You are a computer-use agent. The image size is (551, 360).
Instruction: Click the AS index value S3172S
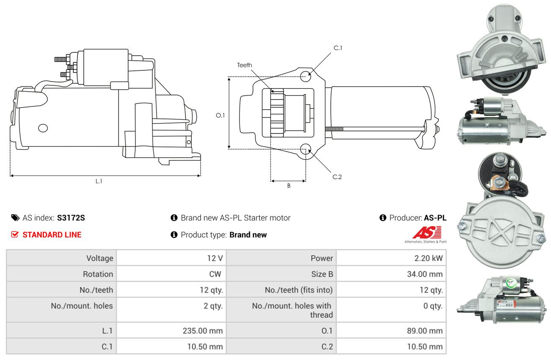pyautogui.click(x=71, y=218)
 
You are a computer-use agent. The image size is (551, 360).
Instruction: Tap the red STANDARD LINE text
pyautogui.click(x=52, y=235)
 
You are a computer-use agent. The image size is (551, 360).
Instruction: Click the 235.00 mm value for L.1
pyautogui.click(x=203, y=331)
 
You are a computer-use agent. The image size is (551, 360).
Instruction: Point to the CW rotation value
pyautogui.click(x=215, y=274)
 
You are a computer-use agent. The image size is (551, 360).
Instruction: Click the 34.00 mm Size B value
pyautogui.click(x=425, y=274)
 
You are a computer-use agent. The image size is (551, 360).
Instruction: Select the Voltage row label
pyautogui.click(x=100, y=258)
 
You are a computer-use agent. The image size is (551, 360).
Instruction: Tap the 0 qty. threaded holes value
pyautogui.click(x=433, y=306)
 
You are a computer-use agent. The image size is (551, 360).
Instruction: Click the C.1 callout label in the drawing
pyautogui.click(x=338, y=48)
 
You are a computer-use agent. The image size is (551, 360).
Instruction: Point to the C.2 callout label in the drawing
pyautogui.click(x=337, y=177)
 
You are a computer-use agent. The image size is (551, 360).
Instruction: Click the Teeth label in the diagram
pyautogui.click(x=245, y=65)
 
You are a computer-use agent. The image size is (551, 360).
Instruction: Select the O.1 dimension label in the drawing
pyautogui.click(x=220, y=116)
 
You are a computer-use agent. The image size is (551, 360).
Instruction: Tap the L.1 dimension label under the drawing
pyautogui.click(x=99, y=182)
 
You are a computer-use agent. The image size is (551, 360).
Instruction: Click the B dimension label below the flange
pyautogui.click(x=289, y=186)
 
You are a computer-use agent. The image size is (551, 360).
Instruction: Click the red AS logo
pyautogui.click(x=427, y=232)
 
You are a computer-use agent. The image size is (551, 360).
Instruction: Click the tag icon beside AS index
pyautogui.click(x=15, y=218)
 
